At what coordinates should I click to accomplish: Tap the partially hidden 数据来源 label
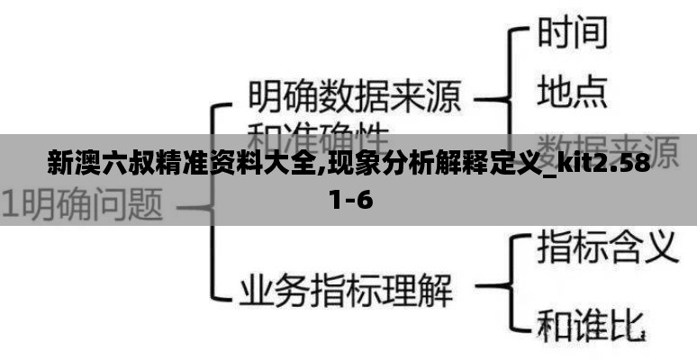point(607,144)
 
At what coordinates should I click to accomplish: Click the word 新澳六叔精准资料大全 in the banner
point(179,165)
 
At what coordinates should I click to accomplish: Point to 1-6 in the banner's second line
point(350,199)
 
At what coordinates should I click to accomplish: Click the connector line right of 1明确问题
point(194,206)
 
